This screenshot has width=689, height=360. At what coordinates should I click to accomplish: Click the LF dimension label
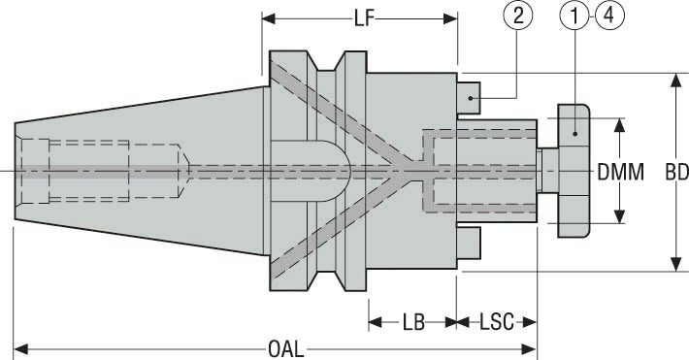pos(364,18)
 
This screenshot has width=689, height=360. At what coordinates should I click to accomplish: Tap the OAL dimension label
pos(286,350)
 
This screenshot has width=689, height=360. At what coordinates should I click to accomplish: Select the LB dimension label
pos(414,322)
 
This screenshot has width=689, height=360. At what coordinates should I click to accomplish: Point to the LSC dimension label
pos(497,322)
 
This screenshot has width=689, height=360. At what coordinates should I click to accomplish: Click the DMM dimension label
pos(620,172)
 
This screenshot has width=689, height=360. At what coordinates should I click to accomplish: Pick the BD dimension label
pos(676,173)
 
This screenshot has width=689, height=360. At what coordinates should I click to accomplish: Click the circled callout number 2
pos(517,16)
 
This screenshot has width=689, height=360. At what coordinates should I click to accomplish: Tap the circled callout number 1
pos(574,16)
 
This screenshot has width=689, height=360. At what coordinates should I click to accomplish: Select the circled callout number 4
pos(609,16)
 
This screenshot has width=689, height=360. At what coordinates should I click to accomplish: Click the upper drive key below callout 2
pos(469,98)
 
